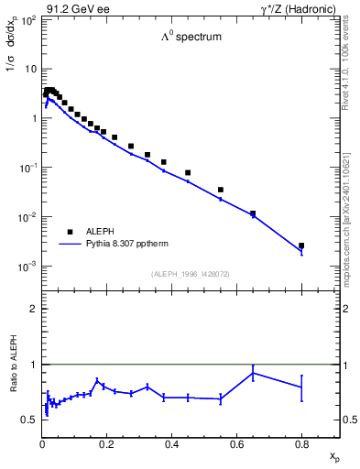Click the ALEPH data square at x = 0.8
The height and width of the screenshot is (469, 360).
point(301,245)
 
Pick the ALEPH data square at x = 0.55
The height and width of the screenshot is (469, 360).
point(221,190)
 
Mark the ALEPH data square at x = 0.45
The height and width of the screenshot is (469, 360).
point(188,172)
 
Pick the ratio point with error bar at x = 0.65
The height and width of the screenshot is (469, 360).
point(253,373)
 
